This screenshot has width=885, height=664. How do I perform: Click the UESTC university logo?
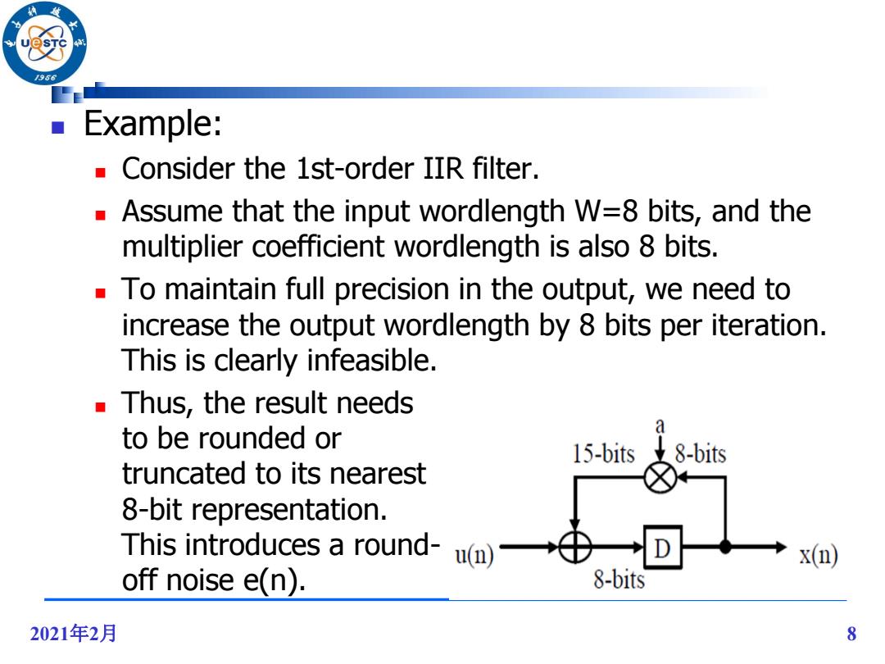pyautogui.click(x=44, y=43)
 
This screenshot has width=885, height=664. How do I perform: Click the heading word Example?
pyautogui.click(x=152, y=123)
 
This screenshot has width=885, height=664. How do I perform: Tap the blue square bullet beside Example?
pyautogui.click(x=57, y=127)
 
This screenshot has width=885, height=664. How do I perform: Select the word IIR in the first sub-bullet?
pyautogui.click(x=443, y=168)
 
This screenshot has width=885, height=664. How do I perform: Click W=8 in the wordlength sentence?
pyautogui.click(x=606, y=211)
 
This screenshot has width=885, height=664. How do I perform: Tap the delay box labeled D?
pyautogui.click(x=663, y=547)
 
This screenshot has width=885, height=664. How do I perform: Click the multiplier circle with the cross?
pyautogui.click(x=660, y=478)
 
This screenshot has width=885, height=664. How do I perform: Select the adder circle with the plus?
pyautogui.click(x=574, y=547)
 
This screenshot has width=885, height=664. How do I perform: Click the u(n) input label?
pyautogui.click(x=474, y=554)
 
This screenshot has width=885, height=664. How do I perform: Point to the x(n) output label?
pyautogui.click(x=819, y=554)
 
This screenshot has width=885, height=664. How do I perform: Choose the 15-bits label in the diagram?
pyautogui.click(x=603, y=453)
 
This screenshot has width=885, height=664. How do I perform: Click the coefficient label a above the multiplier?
pyautogui.click(x=660, y=426)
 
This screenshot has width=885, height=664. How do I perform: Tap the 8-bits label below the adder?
pyautogui.click(x=619, y=580)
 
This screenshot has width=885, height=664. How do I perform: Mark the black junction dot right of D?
pyautogui.click(x=725, y=547)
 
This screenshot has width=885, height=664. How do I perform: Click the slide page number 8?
pyautogui.click(x=851, y=634)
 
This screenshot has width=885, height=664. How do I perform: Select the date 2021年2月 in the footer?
pyautogui.click(x=73, y=634)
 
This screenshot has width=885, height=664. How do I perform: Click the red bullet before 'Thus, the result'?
pyautogui.click(x=101, y=407)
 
